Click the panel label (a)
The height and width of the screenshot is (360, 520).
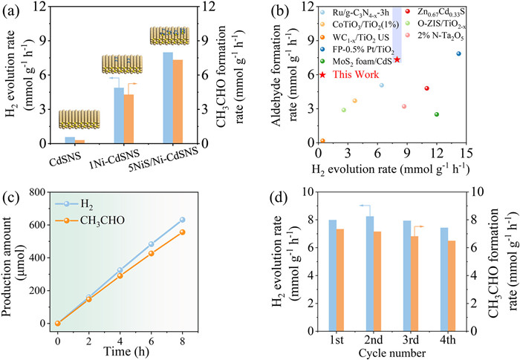[13, 10]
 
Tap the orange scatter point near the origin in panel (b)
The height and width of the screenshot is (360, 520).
[322, 141]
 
